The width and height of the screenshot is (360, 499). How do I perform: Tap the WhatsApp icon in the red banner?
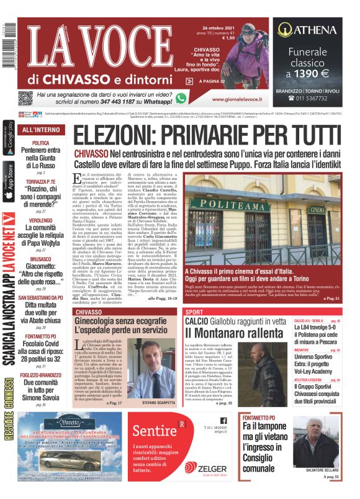click(x=181, y=97)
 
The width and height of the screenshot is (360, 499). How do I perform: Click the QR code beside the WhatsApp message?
click(x=25, y=98)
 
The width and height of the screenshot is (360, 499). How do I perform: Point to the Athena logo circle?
click(x=284, y=29)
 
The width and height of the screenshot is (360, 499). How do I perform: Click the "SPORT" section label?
click(x=194, y=312)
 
